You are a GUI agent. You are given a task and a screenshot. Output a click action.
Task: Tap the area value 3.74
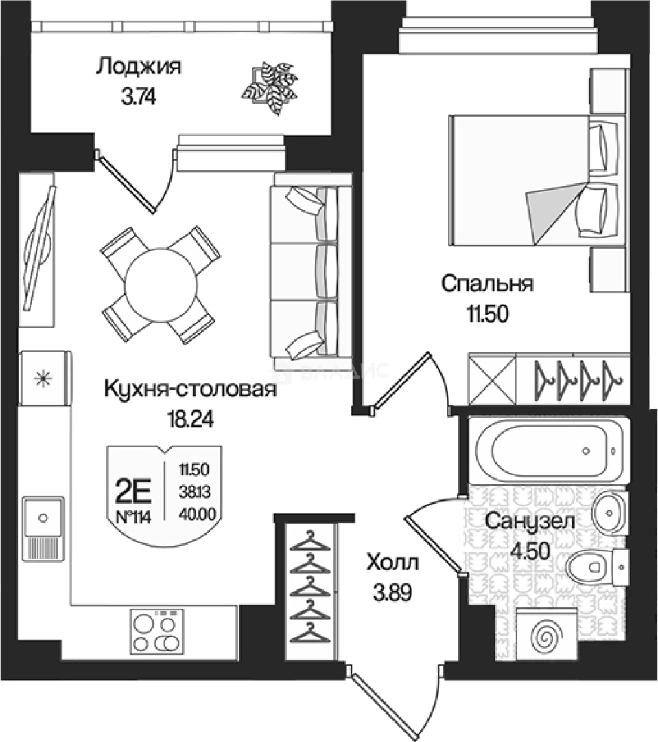pyautogui.click(x=139, y=97)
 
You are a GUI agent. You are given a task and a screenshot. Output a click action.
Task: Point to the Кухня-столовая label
pyautogui.click(x=189, y=390)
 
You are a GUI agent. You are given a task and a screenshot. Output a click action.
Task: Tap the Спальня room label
pyautogui.click(x=487, y=283)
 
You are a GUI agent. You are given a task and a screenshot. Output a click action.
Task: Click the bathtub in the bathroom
pyautogui.click(x=546, y=451)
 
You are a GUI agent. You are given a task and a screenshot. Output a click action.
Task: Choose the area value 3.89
pyautogui.click(x=392, y=592)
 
